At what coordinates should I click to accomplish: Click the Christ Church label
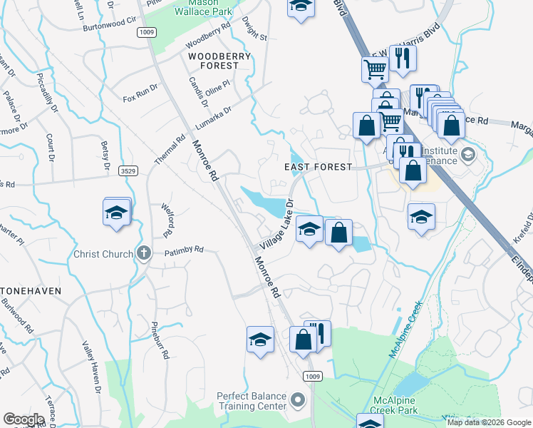click(x=103, y=254)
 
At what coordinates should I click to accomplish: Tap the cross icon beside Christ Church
click(x=143, y=253)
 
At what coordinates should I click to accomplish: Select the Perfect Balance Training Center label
click(x=252, y=401)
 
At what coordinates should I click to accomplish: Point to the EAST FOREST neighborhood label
click(x=319, y=167)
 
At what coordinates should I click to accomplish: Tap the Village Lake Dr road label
click(x=277, y=224)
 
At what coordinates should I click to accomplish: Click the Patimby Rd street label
click(x=185, y=250)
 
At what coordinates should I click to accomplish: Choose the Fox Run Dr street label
click(x=139, y=93)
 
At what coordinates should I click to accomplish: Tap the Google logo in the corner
click(x=24, y=419)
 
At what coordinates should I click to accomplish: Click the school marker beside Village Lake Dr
click(x=309, y=230)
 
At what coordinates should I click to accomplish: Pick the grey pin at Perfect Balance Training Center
click(x=299, y=401)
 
